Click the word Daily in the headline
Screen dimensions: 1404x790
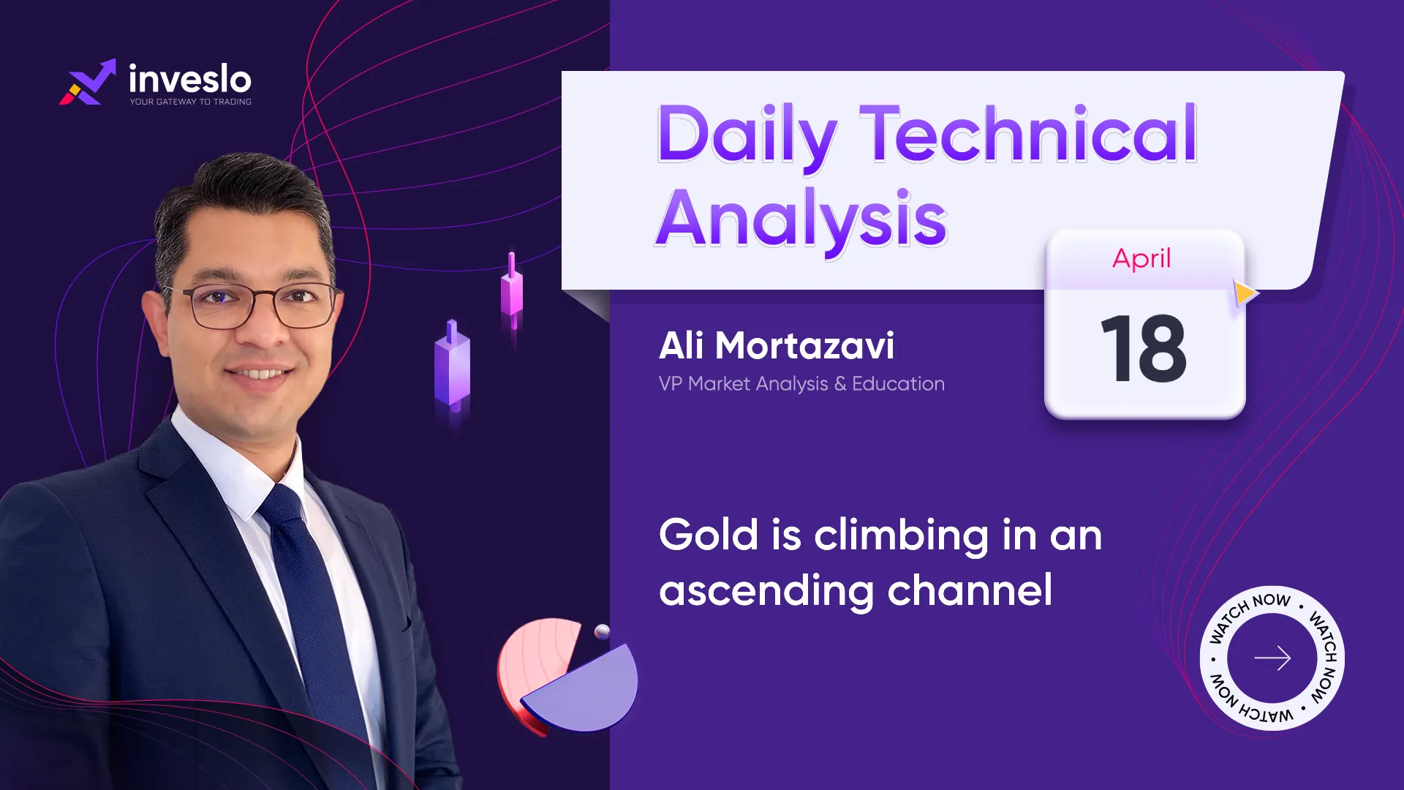[747, 136]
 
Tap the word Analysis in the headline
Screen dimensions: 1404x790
[801, 218]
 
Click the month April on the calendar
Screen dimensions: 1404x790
[1141, 259]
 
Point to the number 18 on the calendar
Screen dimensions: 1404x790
[1143, 348]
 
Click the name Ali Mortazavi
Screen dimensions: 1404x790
[776, 345]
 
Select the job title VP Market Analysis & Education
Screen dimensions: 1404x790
[801, 384]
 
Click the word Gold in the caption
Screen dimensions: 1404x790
[709, 535]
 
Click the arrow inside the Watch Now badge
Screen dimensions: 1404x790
[1272, 658]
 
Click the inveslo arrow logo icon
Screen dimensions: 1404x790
[88, 82]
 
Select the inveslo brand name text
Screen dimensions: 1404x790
[190, 78]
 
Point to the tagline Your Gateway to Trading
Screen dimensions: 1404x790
[191, 102]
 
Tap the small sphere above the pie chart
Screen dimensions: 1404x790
[603, 632]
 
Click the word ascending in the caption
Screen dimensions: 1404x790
[766, 591]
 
